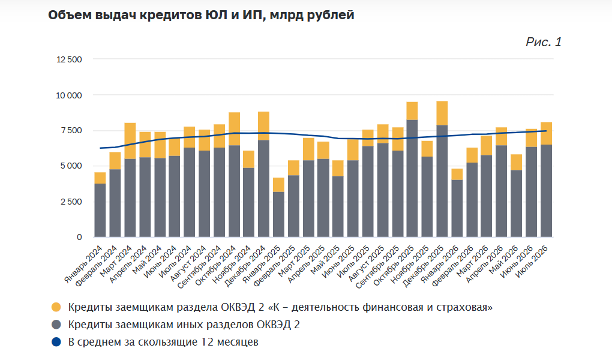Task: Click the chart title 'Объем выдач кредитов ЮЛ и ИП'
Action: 157,15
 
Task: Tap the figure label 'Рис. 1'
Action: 544,42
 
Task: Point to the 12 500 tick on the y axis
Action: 69,59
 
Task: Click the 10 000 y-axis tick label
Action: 69,95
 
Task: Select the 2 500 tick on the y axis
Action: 71,202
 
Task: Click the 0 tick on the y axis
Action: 80,237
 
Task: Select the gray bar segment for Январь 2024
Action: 100,210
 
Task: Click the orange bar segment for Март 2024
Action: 130,141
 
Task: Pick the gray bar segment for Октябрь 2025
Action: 412,178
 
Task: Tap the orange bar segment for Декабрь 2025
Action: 442,113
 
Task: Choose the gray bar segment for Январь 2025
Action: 278,214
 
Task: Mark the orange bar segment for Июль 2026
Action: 547,134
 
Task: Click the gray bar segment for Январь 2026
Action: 457,209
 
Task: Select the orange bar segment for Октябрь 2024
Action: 234,129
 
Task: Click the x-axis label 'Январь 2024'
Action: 83,265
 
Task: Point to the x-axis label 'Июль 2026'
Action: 531,262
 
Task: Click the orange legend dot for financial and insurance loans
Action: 56,307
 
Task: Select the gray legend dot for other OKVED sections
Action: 56,325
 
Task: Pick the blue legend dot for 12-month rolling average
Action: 56,342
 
